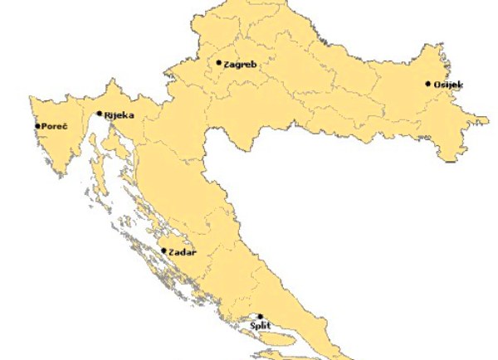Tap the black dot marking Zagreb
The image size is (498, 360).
tap(219, 62)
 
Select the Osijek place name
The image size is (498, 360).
tap(449, 85)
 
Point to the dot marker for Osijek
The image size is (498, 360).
tap(428, 83)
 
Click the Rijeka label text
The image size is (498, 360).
tap(119, 116)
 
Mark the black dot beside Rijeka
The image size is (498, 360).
tap(100, 114)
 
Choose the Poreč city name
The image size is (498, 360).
tap(53, 126)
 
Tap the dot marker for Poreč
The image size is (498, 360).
tap(37, 126)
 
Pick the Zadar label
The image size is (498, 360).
tap(183, 252)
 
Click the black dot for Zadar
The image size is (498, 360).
tap(164, 251)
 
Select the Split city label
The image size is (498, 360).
tap(261, 328)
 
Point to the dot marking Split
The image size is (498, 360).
tap(260, 316)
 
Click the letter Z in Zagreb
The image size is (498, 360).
tap(227, 64)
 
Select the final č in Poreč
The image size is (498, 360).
tap(63, 126)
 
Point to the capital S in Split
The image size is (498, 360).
tap(252, 328)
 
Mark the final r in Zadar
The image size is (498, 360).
tap(194, 252)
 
